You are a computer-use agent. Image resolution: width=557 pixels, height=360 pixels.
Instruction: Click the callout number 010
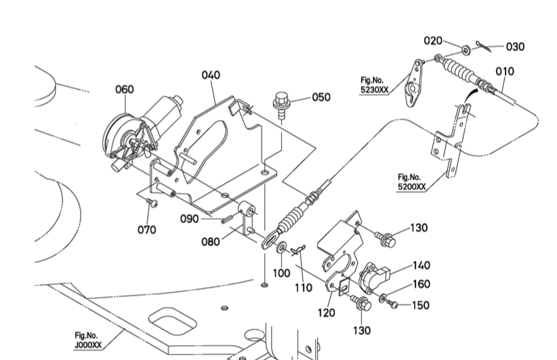coord(505,71)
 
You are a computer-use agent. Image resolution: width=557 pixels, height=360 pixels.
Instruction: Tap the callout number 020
coord(434,40)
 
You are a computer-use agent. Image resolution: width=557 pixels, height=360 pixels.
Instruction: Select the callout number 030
coord(515,47)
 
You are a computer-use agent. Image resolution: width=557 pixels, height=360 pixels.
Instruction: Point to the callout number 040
coord(211,75)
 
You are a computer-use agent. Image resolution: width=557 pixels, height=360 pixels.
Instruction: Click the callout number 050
coord(321,97)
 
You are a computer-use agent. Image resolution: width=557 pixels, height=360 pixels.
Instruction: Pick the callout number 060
coord(125,89)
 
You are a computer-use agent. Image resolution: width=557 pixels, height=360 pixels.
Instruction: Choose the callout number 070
coord(147,229)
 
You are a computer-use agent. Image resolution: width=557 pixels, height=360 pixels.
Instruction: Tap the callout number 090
coord(190,218)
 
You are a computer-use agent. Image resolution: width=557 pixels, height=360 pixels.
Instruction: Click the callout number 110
coord(303,287)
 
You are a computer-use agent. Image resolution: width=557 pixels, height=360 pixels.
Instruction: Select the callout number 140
coord(421,265)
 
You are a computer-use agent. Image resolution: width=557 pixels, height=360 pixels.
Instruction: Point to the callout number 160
coord(421,284)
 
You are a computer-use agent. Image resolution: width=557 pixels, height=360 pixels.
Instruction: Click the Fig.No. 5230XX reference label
coord(375,83)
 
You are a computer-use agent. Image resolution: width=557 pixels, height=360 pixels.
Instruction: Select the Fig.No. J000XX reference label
coord(88,339)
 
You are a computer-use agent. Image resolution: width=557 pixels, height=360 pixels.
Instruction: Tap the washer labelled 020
coord(467,49)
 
